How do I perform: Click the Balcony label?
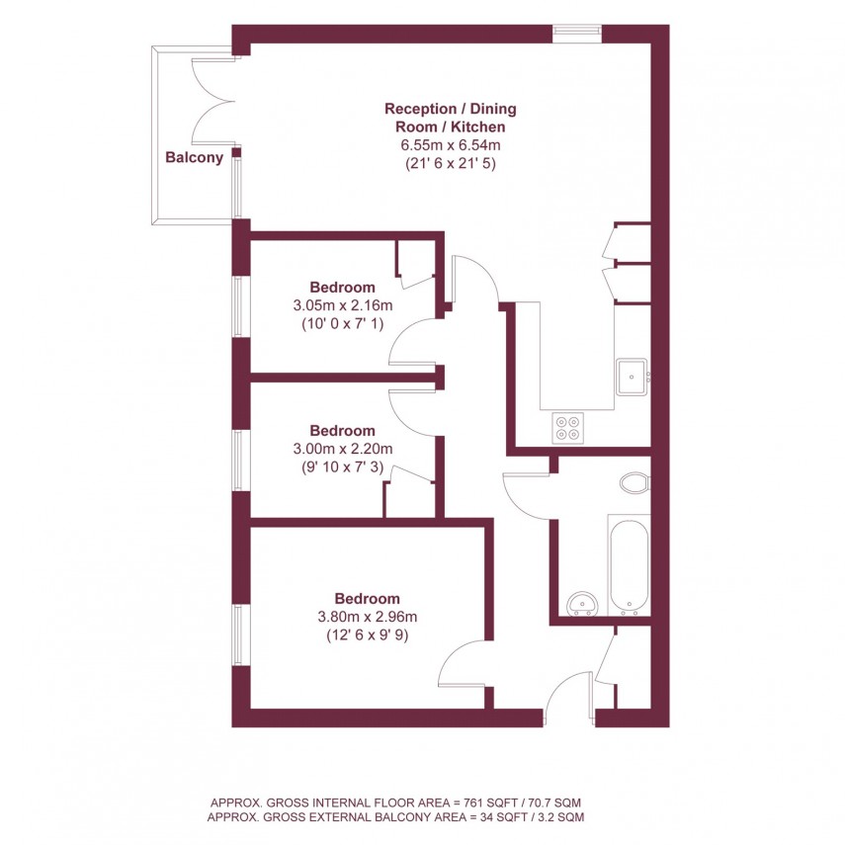194,156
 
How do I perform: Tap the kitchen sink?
631,376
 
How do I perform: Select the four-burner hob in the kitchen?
569,427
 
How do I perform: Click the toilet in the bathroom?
634,483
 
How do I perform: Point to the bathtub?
629,563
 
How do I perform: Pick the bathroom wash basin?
583,602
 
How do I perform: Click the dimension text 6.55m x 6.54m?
450,145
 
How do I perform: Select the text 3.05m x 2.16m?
343,305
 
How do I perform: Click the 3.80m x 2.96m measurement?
367,617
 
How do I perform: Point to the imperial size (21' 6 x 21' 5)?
450,164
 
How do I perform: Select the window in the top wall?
577,32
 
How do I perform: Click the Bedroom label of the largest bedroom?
367,598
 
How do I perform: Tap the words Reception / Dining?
450,109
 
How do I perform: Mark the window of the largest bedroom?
239,634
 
